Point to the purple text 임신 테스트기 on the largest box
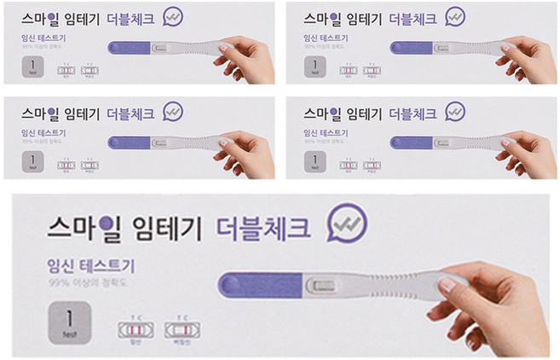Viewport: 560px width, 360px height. (91, 266)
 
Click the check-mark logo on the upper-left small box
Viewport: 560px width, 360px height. (172, 18)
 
